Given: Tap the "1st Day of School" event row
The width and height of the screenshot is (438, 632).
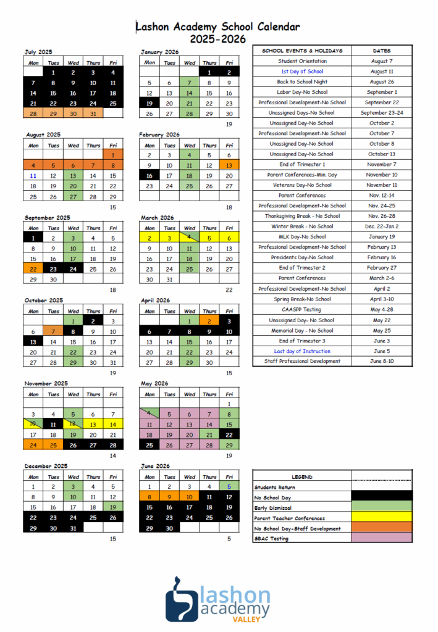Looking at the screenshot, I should tap(302, 72).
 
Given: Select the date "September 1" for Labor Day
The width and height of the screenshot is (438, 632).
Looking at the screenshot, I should tap(382, 92).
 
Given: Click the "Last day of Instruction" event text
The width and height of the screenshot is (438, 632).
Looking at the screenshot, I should tap(302, 351).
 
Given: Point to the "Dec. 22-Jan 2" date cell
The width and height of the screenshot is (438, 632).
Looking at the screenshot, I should tap(382, 227).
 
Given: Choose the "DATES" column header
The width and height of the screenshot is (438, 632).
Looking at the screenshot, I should tap(382, 51).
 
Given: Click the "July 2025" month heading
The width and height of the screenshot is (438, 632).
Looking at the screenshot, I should tap(38, 52).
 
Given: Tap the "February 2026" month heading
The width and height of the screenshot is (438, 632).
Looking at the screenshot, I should tap(160, 135).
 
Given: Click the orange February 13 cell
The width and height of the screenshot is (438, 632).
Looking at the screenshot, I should tap(229, 165).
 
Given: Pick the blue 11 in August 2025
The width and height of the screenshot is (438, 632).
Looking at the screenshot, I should tap(33, 176).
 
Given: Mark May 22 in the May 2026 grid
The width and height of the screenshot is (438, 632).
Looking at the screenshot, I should tap(229, 435).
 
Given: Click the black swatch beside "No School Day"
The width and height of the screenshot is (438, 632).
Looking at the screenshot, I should tap(381, 497).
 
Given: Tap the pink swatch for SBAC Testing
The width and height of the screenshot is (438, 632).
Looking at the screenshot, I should tap(381, 539).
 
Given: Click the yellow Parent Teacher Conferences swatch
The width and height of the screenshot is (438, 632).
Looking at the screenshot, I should tap(381, 518).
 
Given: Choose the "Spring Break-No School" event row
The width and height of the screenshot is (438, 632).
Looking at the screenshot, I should tap(302, 299).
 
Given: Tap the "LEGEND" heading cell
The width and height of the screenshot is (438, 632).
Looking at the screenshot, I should tap(302, 477).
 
